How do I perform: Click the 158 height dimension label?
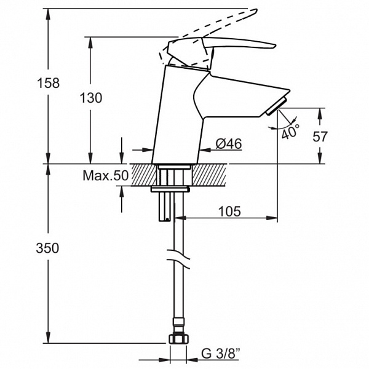click(49, 83)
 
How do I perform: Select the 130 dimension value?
click(91, 98)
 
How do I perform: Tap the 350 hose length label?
click(47, 248)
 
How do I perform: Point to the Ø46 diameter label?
click(229, 143)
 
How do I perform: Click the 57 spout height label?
click(320, 137)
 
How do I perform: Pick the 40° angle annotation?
click(291, 132)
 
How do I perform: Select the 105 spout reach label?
click(229, 212)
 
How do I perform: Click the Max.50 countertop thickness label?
click(106, 175)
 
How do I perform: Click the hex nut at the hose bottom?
click(179, 339)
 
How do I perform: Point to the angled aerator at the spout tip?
click(276, 106)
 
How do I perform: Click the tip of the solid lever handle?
click(276, 46)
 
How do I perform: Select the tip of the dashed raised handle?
click(256, 10)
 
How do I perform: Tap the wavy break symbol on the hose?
click(178, 259)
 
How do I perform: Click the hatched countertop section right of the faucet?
click(210, 175)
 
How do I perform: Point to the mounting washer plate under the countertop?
click(170, 189)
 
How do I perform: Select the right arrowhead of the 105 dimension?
click(272, 218)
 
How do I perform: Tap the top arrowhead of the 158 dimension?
click(48, 14)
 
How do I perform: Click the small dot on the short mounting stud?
click(167, 220)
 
